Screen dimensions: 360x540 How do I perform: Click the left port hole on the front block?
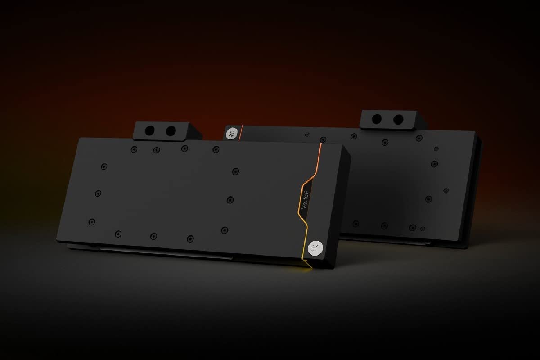click(x=150, y=130)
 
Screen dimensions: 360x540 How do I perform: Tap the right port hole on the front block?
click(x=171, y=131)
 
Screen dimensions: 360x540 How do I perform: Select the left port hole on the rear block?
click(x=377, y=119)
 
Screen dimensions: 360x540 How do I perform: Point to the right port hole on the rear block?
click(x=398, y=120)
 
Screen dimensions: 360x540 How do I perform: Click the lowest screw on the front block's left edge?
click(x=92, y=221)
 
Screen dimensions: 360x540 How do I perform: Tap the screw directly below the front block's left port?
click(x=156, y=150)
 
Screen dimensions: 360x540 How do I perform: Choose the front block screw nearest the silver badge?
click(x=224, y=230)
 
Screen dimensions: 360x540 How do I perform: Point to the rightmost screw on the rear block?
click(x=446, y=190)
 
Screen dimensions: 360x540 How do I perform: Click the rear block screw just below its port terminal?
click(x=385, y=143)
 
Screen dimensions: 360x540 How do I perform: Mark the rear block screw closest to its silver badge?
click(x=307, y=135)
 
